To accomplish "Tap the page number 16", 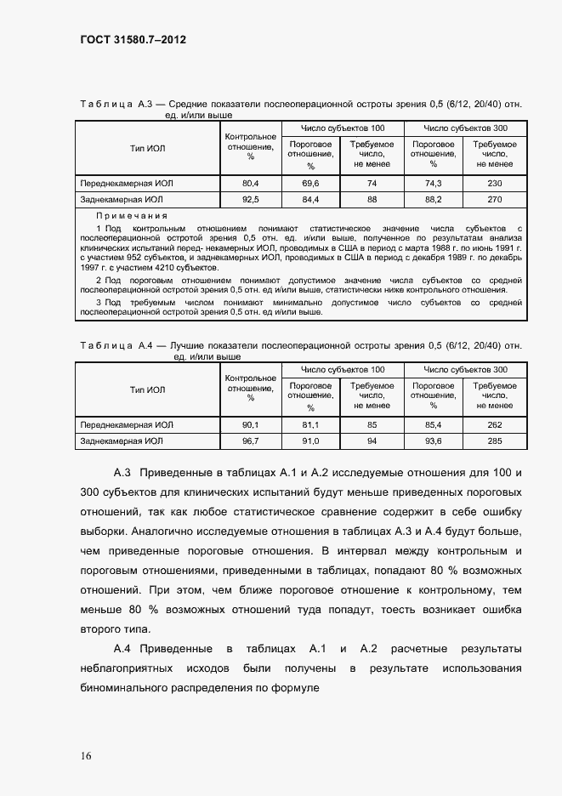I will (x=87, y=756).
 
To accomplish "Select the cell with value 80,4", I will (x=250, y=184).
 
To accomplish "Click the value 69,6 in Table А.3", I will (x=310, y=184).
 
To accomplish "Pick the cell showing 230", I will (x=494, y=184).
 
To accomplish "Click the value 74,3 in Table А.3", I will (x=433, y=184).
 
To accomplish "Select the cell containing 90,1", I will (x=250, y=424).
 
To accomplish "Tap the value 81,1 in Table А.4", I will (x=310, y=424).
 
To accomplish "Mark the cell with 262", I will (x=494, y=424).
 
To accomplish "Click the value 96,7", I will (x=250, y=441).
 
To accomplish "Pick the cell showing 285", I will (x=494, y=441).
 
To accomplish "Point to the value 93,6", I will (x=433, y=441).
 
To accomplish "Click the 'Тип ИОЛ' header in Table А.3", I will (x=147, y=149).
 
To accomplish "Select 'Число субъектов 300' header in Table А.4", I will (x=464, y=370).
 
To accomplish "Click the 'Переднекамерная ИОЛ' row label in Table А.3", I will (x=126, y=184).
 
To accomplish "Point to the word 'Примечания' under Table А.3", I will (x=132, y=217).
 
